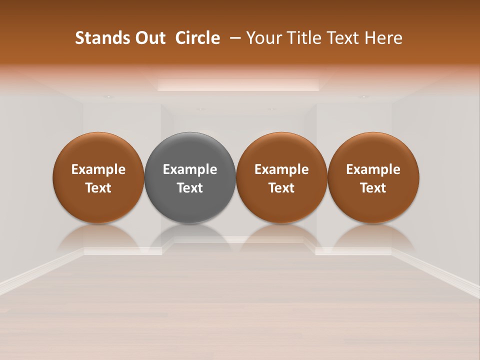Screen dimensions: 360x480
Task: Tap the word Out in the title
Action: [148, 38]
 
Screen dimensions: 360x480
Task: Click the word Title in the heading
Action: [302, 38]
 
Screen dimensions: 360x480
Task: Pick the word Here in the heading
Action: [383, 38]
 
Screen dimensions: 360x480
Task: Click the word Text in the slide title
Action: [343, 38]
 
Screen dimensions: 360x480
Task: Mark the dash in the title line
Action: [233, 38]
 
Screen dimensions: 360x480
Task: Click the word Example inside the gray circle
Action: [190, 169]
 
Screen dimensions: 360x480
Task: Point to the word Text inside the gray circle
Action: [190, 188]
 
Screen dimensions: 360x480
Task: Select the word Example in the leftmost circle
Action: [98, 169]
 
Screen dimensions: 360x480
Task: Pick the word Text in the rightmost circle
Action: [373, 188]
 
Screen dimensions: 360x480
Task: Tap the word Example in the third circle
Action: [281, 169]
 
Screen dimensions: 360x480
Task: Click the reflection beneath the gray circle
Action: [190, 237]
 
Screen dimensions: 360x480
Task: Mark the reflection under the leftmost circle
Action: [98, 237]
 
